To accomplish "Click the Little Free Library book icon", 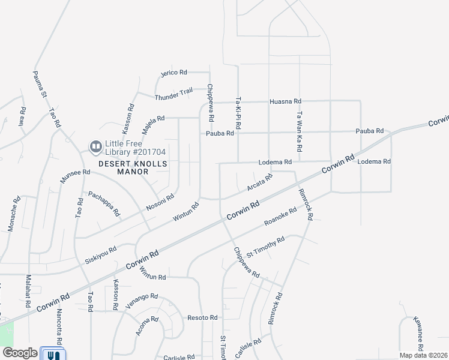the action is click(95, 146).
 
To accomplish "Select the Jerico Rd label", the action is click(174, 73).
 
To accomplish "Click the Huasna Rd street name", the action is click(285, 102).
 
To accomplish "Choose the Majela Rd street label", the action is click(153, 124).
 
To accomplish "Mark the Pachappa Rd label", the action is click(104, 203).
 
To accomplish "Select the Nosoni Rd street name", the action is click(161, 202).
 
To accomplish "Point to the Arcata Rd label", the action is click(260, 183).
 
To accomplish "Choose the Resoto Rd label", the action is click(202, 317).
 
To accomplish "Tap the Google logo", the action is click(20, 353).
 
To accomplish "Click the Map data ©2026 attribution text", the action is click(424, 355).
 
